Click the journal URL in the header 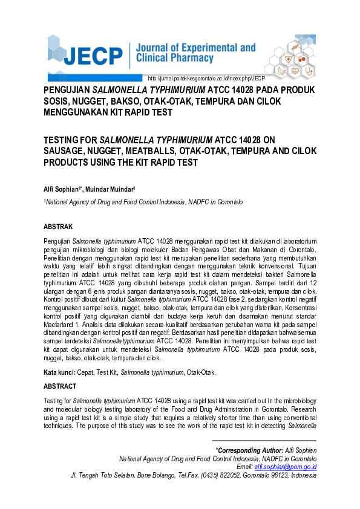pyautogui.click(x=207, y=79)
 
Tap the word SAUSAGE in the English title pyautogui.click(x=65, y=152)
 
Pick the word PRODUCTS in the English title pyautogui.click(x=70, y=163)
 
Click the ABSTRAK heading pyautogui.click(x=58, y=227)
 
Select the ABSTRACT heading pyautogui.click(x=60, y=386)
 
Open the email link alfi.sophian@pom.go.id pyautogui.click(x=286, y=467)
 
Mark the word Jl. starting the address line pyautogui.click(x=74, y=475)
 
